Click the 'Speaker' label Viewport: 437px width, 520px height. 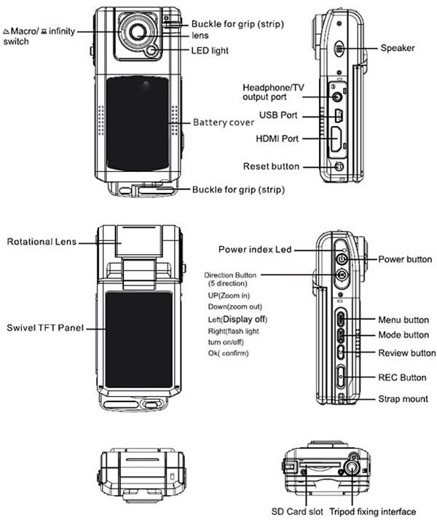[x=398, y=48]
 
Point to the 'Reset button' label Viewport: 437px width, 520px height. [x=271, y=166]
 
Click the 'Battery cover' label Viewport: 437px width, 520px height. [x=223, y=122]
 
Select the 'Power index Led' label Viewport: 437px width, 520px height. [x=255, y=249]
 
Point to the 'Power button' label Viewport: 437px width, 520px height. [x=405, y=259]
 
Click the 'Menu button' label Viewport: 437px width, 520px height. [x=403, y=320]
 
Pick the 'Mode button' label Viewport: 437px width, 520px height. [x=403, y=335]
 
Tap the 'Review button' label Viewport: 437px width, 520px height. [x=406, y=353]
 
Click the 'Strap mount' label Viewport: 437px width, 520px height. [x=403, y=399]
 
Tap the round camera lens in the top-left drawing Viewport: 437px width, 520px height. [x=136, y=31]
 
